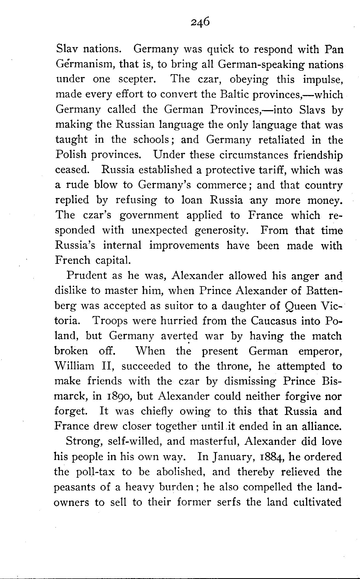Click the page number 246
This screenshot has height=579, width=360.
coord(200,21)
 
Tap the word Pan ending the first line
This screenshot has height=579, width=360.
coord(333,49)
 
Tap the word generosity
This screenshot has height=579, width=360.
coord(221,230)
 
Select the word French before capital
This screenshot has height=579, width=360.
coord(73,260)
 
